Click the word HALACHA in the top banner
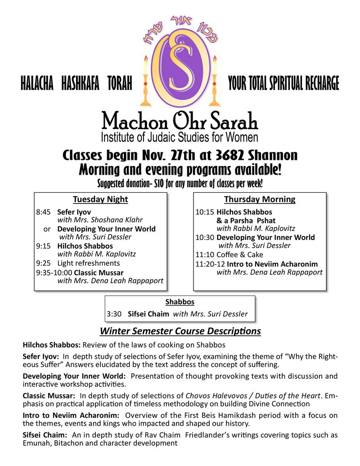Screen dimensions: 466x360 [37, 84]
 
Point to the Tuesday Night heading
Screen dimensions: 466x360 [100, 199]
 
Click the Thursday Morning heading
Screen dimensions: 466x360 [260, 199]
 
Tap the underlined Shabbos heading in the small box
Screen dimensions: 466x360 [180, 302]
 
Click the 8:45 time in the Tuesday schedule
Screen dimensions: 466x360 [44, 212]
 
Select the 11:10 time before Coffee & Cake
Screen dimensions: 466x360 [203, 254]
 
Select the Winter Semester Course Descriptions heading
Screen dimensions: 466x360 [180, 332]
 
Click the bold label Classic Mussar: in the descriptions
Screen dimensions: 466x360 [49, 396]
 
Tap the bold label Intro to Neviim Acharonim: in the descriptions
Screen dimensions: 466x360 [71, 415]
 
